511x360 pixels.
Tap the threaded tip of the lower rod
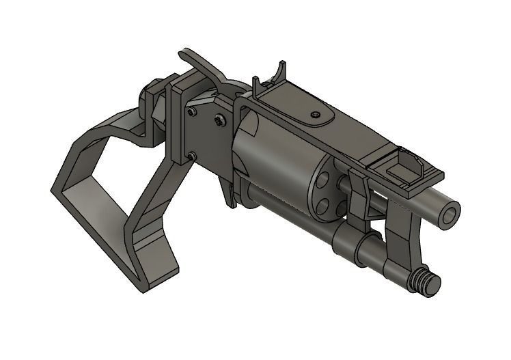click(x=429, y=283)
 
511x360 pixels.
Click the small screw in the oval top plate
click(x=316, y=114)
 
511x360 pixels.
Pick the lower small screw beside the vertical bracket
click(x=191, y=156)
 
